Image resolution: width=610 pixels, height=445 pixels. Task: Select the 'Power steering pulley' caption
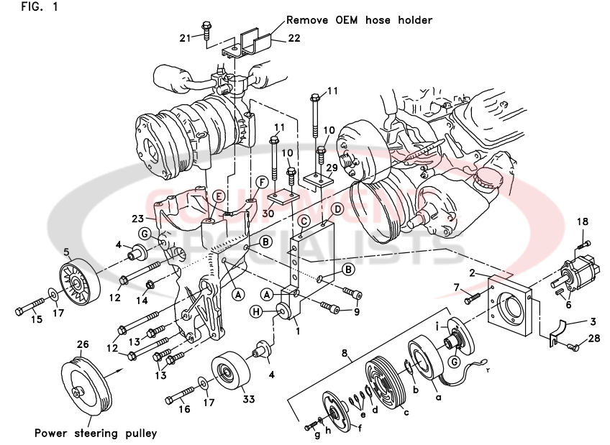[96, 433]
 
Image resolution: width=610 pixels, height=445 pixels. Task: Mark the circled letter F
[262, 182]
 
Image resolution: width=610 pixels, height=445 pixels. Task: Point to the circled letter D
[337, 208]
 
